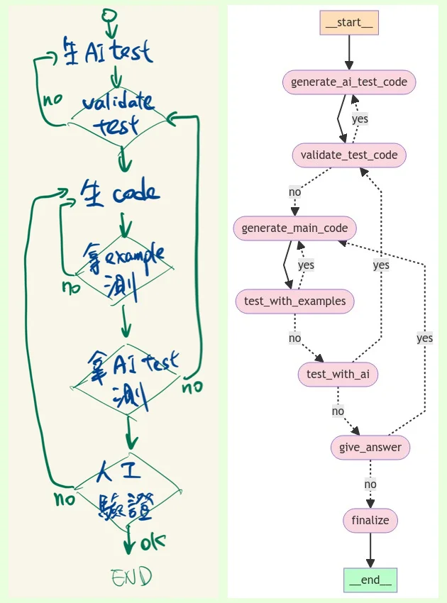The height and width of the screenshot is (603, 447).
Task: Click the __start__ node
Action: click(349, 23)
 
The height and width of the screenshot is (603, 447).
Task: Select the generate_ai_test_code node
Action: click(349, 82)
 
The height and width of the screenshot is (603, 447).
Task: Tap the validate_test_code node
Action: click(349, 155)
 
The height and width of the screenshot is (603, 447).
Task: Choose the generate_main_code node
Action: click(294, 228)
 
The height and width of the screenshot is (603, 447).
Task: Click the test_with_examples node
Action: click(294, 301)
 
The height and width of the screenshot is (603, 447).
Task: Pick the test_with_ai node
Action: click(338, 375)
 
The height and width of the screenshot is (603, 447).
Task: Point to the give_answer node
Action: click(370, 447)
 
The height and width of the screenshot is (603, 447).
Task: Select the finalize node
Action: click(370, 520)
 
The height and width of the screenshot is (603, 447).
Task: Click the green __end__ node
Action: click(370, 580)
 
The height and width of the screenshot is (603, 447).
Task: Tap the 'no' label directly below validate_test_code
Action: click(294, 192)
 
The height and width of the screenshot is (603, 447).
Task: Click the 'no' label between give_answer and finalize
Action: click(370, 485)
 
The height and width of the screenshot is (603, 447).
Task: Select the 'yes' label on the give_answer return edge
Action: click(424, 338)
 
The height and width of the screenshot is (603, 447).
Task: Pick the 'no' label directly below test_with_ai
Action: click(338, 411)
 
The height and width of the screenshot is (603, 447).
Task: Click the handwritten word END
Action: click(131, 577)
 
